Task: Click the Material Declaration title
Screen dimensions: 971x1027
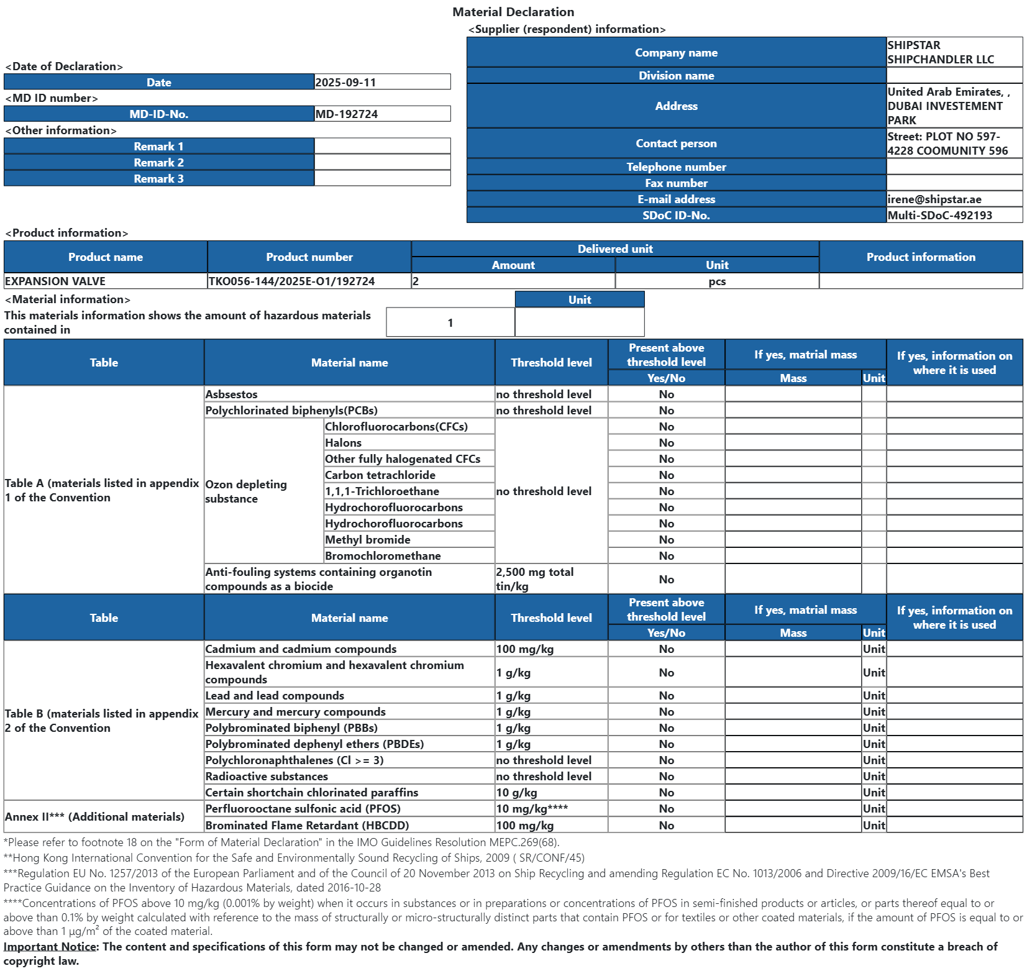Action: pos(513,12)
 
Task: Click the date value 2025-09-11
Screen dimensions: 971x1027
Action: pos(345,83)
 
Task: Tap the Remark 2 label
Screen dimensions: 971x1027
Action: pos(158,163)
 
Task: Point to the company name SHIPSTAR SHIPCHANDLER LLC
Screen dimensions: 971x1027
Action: pos(940,52)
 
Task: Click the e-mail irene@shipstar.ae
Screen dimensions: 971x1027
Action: pos(934,199)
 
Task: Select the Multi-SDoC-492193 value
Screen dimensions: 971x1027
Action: pos(939,216)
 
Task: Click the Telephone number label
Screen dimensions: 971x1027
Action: pos(676,167)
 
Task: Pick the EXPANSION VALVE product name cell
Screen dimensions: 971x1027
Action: pos(55,281)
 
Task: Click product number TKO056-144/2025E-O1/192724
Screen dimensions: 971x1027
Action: pos(291,281)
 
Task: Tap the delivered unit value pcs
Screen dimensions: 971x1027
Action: pos(717,281)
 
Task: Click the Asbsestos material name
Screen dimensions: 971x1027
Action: pos(231,394)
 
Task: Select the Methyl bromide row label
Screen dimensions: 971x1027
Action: pos(368,540)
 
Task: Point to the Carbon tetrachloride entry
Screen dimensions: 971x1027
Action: pos(380,475)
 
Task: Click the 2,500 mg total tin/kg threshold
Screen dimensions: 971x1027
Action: pos(534,579)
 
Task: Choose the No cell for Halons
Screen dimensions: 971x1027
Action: pos(666,443)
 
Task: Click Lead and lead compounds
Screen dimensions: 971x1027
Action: pos(275,696)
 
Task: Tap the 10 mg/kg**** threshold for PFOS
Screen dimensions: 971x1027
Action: pos(532,809)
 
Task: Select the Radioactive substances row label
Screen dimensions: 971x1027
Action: pos(267,777)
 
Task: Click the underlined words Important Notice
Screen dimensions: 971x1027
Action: pos(50,947)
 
